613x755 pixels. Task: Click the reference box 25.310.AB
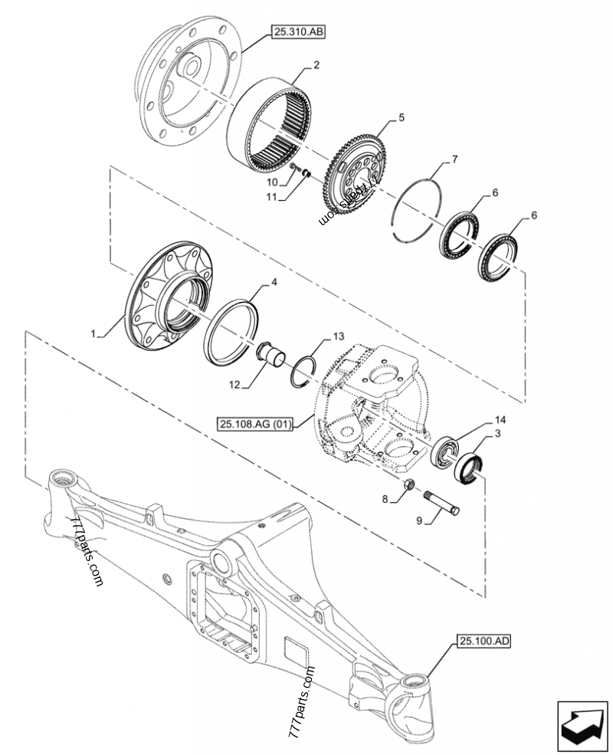click(298, 33)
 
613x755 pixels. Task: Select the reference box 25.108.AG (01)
click(255, 425)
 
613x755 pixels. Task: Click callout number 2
click(316, 65)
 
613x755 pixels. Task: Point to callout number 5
click(402, 117)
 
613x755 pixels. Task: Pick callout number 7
click(454, 159)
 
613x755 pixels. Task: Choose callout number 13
click(339, 336)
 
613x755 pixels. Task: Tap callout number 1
click(94, 333)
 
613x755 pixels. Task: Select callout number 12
click(234, 385)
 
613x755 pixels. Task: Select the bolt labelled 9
click(441, 502)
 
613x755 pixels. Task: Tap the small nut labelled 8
click(410, 484)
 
